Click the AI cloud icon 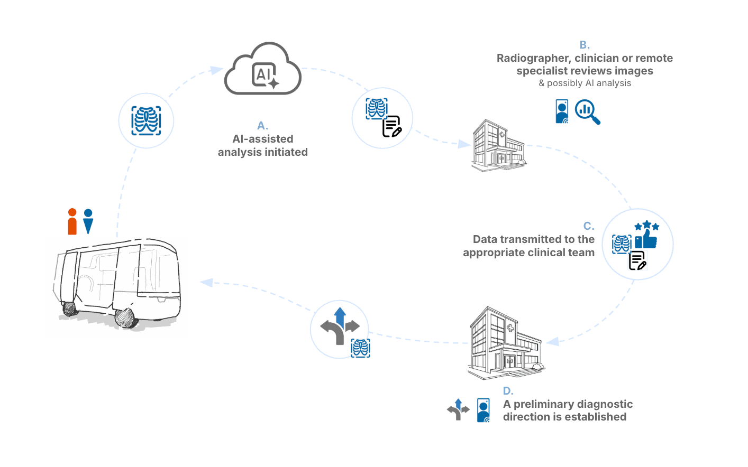(263, 70)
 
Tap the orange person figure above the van (72, 221)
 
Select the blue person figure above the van (88, 221)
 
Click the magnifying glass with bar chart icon (587, 111)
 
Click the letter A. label (263, 126)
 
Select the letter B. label (585, 45)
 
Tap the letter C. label (588, 226)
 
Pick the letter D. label (508, 391)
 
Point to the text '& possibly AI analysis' (585, 83)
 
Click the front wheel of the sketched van (125, 317)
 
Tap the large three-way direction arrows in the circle (340, 326)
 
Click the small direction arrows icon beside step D (458, 409)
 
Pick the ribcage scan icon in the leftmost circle (146, 120)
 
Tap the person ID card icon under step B (562, 111)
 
